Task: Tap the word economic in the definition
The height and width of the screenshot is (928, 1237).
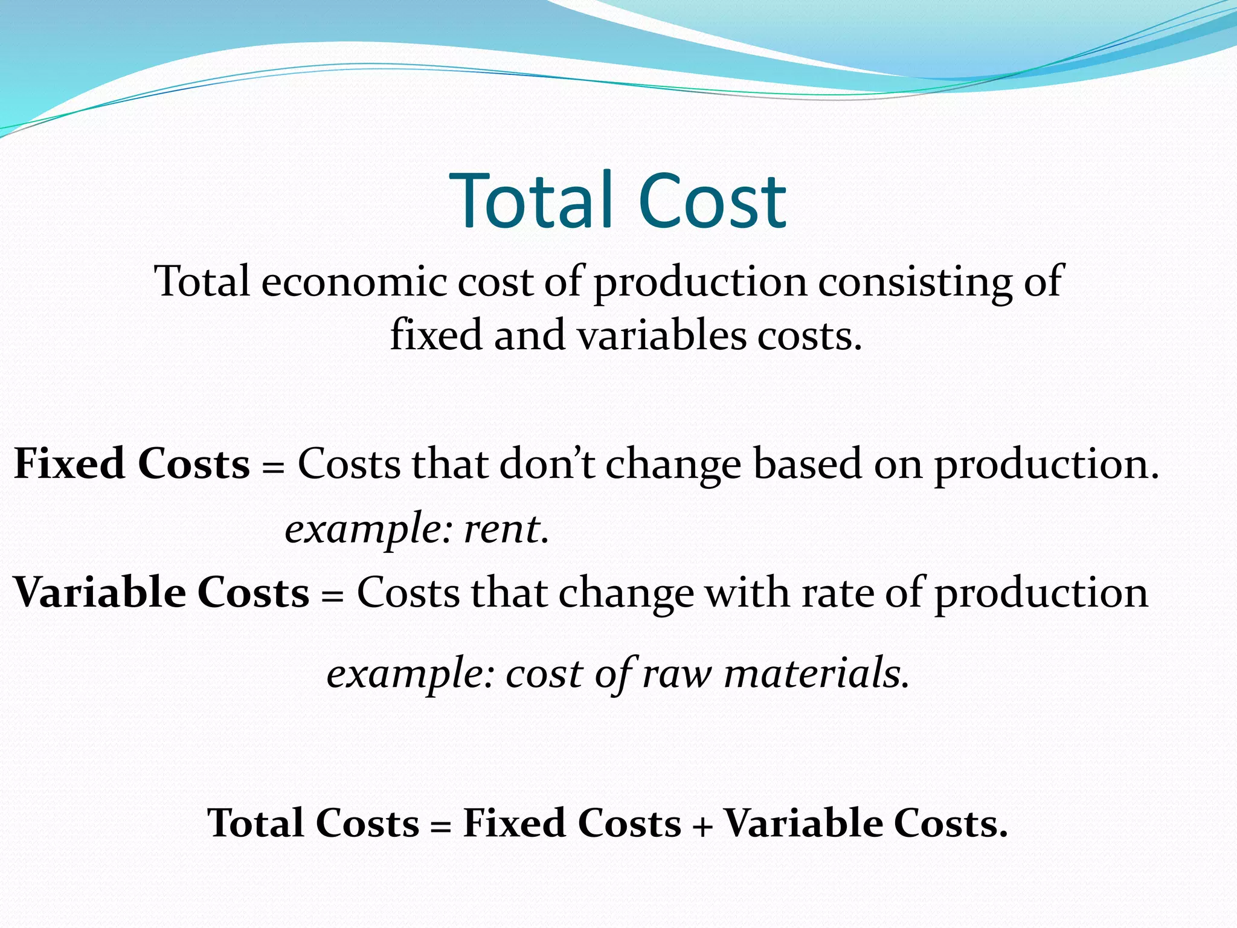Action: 353,282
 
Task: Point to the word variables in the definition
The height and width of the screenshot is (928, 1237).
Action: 661,335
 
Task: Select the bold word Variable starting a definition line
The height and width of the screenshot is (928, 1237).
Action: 99,592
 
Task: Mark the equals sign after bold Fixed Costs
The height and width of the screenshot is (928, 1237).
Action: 273,466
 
